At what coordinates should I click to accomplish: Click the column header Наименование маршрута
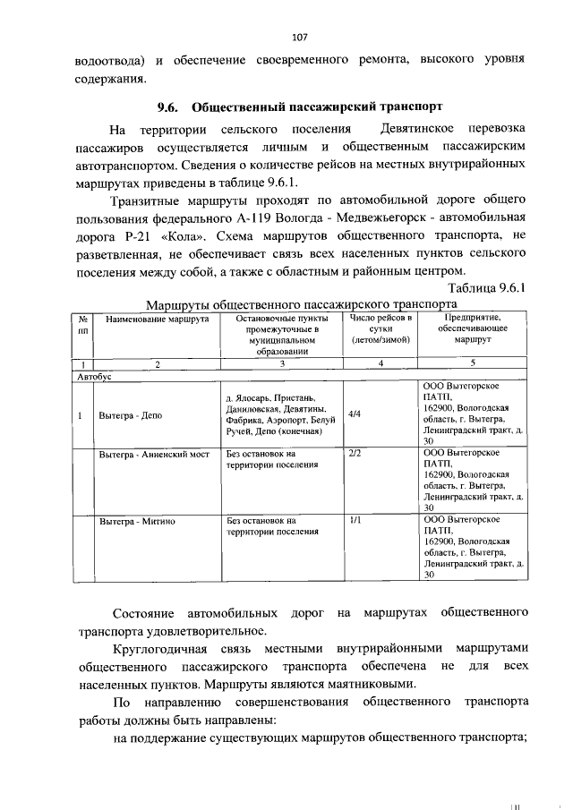(x=157, y=319)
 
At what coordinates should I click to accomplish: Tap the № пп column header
(x=82, y=324)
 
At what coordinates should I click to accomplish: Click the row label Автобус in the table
(x=94, y=378)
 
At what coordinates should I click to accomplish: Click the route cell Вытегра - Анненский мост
(x=154, y=455)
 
